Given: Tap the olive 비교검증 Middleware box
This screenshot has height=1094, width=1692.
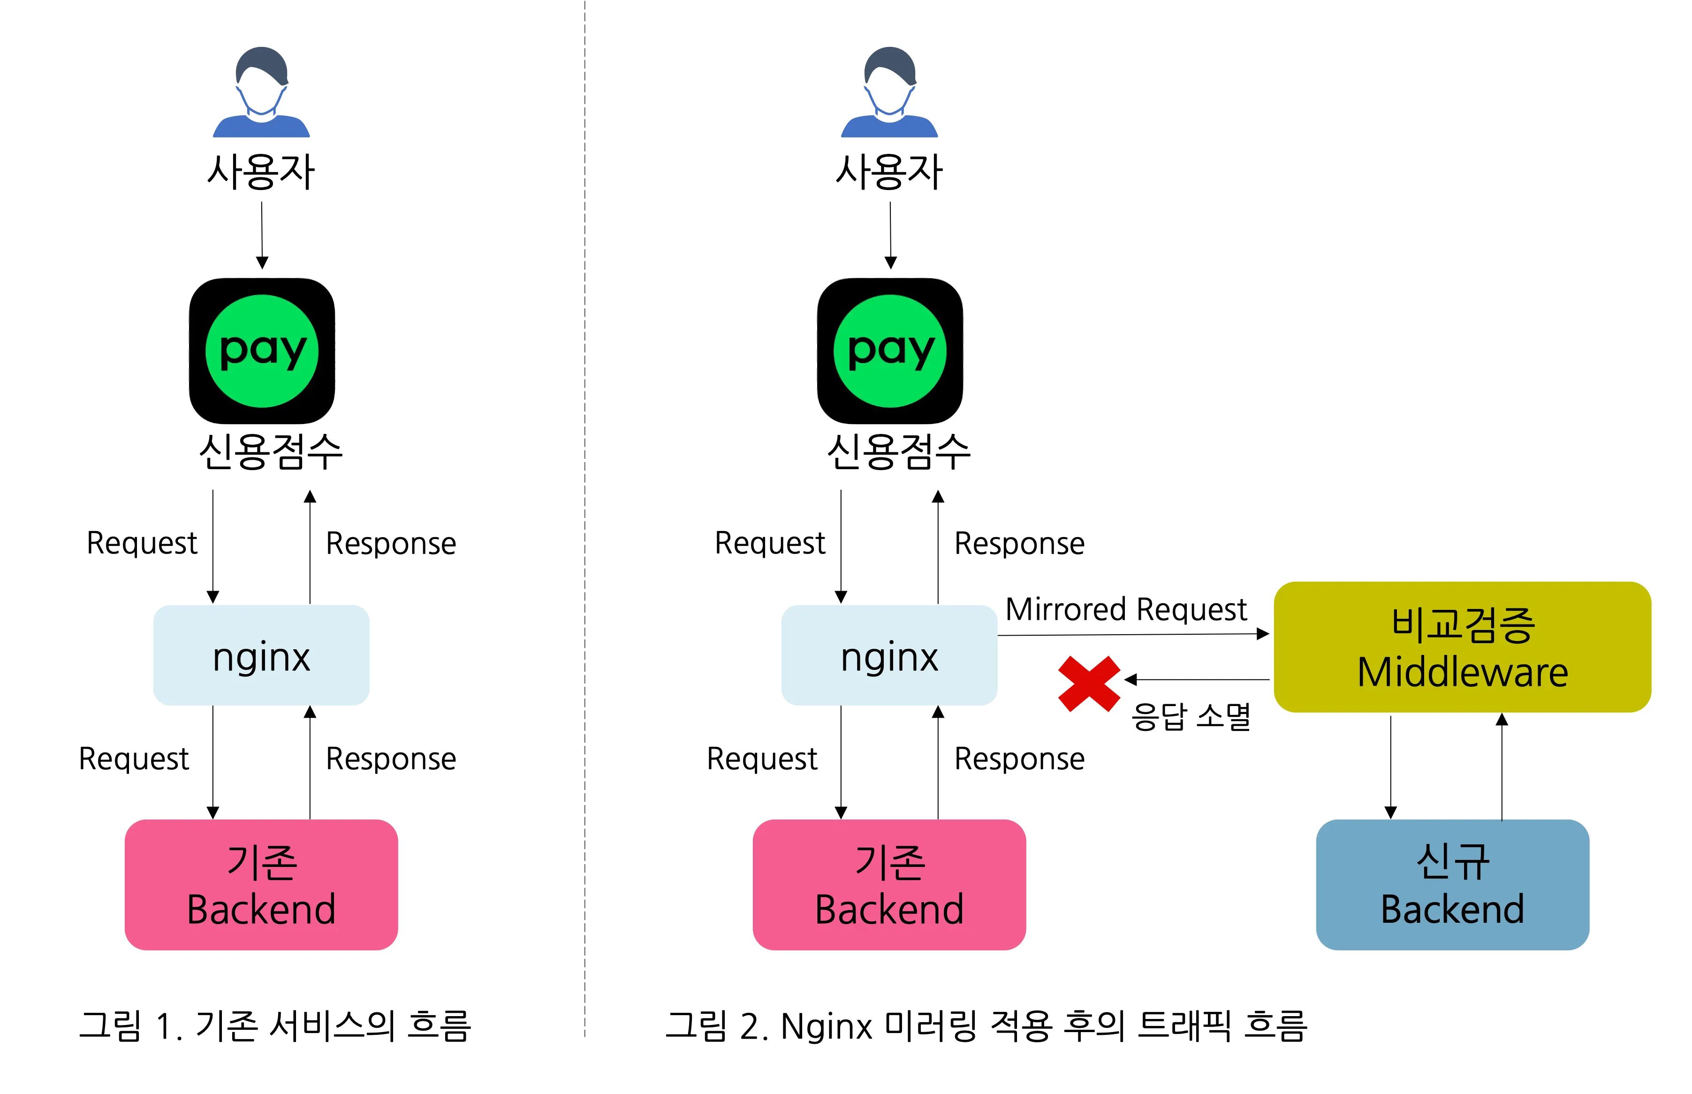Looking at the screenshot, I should point(1461,646).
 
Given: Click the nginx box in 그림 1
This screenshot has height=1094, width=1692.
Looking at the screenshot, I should point(261,654).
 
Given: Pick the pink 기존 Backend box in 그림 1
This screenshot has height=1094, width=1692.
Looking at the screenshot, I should point(261,884).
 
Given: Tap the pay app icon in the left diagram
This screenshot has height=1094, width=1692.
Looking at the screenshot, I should point(261,350).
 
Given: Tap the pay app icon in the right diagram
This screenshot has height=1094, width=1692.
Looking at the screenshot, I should point(889,350).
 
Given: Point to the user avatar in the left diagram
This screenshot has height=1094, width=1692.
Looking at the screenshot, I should point(261,92).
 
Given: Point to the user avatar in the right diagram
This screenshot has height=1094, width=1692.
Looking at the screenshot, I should point(889,92).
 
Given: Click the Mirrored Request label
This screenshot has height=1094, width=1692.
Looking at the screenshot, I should point(1125,609).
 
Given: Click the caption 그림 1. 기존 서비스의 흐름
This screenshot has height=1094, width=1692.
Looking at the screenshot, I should point(274,1025).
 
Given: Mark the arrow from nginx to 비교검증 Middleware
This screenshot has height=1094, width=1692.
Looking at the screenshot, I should point(1132,634).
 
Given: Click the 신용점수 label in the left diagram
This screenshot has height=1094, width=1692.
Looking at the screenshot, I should point(270,452).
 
